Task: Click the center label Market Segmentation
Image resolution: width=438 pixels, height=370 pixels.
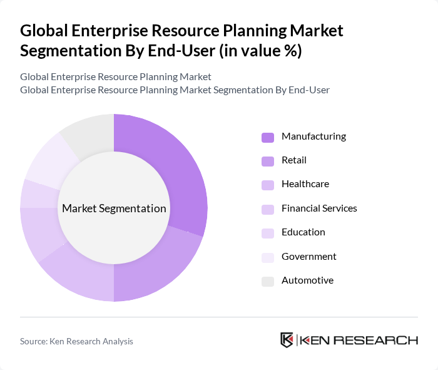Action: point(114,208)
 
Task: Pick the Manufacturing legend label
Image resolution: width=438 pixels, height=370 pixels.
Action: point(313,136)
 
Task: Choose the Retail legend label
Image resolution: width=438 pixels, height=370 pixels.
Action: point(294,160)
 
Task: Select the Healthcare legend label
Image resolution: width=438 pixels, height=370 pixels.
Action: point(305,184)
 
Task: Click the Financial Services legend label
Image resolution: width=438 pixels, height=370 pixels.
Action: point(319,208)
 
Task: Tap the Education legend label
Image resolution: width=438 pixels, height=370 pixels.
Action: point(303,232)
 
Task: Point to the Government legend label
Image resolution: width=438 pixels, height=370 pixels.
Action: point(308,256)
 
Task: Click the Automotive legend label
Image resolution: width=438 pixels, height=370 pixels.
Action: point(307,280)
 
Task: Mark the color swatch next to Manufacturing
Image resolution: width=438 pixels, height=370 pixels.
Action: point(268,137)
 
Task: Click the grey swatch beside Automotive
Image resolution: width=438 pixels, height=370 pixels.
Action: point(268,281)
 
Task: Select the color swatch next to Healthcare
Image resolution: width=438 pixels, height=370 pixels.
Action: point(268,185)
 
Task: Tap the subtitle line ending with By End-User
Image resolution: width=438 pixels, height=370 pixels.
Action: point(175,90)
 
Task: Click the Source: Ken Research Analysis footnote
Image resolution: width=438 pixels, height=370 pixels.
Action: point(76,341)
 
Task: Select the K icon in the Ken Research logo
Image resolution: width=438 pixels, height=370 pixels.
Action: point(287,340)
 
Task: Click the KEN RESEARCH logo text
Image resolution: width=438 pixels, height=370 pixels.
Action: point(359,340)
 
